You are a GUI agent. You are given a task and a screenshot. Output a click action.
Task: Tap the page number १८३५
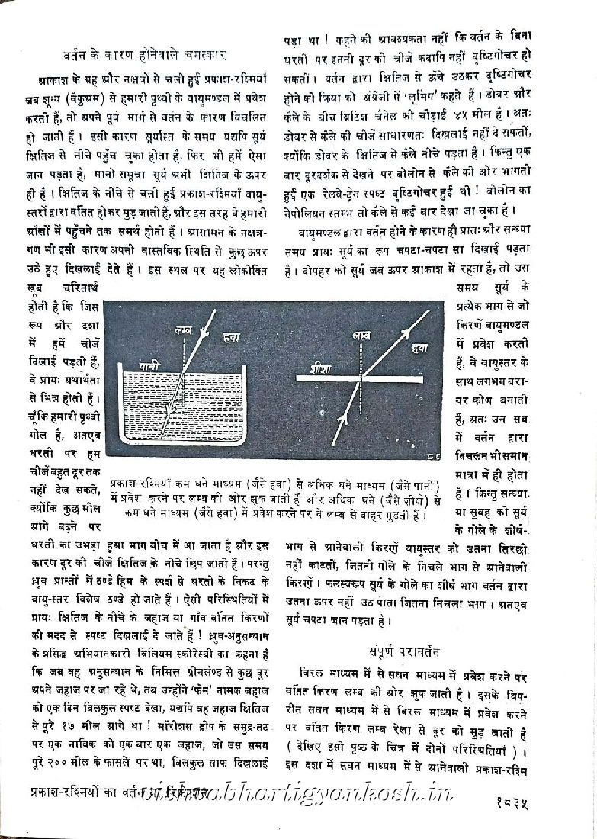545,802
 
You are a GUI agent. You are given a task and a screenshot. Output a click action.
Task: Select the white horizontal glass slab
360,378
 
